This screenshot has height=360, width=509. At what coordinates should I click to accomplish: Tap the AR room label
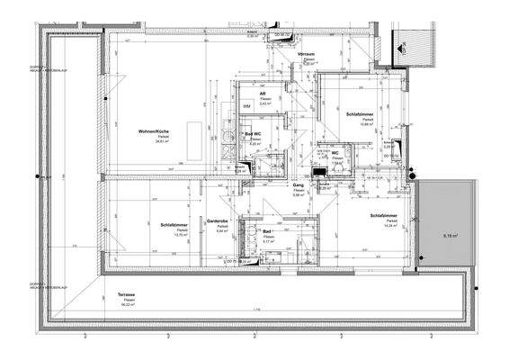tap(263, 94)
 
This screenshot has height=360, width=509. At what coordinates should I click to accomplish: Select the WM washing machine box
tap(246, 106)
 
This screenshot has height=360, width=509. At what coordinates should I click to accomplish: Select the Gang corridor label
tap(298, 184)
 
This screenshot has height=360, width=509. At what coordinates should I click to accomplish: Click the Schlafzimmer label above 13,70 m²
tap(174, 224)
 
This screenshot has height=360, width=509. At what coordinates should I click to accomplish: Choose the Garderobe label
tap(219, 220)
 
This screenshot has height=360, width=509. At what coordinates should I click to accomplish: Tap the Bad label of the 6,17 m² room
tap(267, 230)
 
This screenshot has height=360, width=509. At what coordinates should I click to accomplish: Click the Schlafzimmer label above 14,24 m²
tap(385, 215)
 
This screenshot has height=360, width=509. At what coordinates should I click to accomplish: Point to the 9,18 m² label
tap(451, 236)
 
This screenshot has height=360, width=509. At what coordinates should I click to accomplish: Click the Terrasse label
tap(127, 294)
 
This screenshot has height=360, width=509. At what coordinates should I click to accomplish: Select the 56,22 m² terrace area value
tap(127, 305)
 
